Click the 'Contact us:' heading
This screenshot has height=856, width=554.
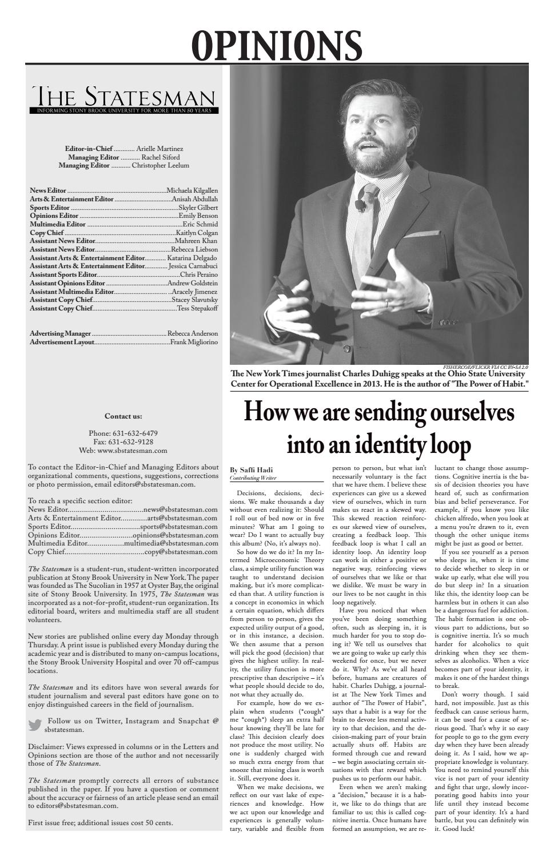click(x=123, y=416)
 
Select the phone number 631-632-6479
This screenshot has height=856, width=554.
click(x=135, y=433)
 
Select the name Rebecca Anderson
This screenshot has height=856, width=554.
click(x=193, y=333)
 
